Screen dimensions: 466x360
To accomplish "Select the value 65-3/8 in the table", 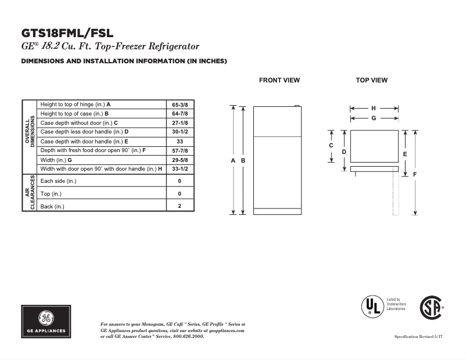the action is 180,104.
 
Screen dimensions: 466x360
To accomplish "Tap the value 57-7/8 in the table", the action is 180,150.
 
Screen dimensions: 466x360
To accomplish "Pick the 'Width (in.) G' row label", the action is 56,160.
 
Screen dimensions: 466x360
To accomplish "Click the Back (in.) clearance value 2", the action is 180,206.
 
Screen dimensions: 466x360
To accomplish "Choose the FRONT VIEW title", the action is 279,80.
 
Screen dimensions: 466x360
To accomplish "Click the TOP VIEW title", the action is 372,80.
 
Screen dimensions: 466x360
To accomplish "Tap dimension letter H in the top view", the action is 374,108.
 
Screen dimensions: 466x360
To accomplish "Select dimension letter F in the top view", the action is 415,174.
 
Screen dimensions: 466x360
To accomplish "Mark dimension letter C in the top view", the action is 331,146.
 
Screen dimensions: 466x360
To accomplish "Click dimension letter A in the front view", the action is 233,160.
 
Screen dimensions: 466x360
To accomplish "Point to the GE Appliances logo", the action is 48,322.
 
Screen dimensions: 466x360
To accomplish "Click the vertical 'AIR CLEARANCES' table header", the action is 29,193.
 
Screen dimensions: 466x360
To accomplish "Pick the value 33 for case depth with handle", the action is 180,141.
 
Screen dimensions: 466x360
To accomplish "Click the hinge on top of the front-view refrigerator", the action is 297,106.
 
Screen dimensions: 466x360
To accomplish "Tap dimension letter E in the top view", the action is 404,154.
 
